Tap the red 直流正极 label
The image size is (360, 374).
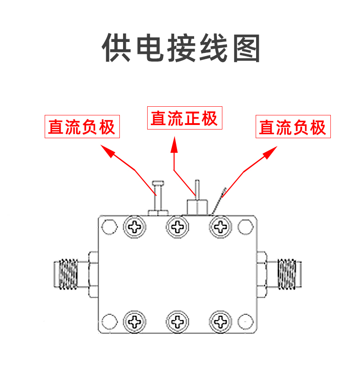184,119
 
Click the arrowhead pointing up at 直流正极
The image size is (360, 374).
174,146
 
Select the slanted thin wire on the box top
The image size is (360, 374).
218,201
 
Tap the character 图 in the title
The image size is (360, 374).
246,47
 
